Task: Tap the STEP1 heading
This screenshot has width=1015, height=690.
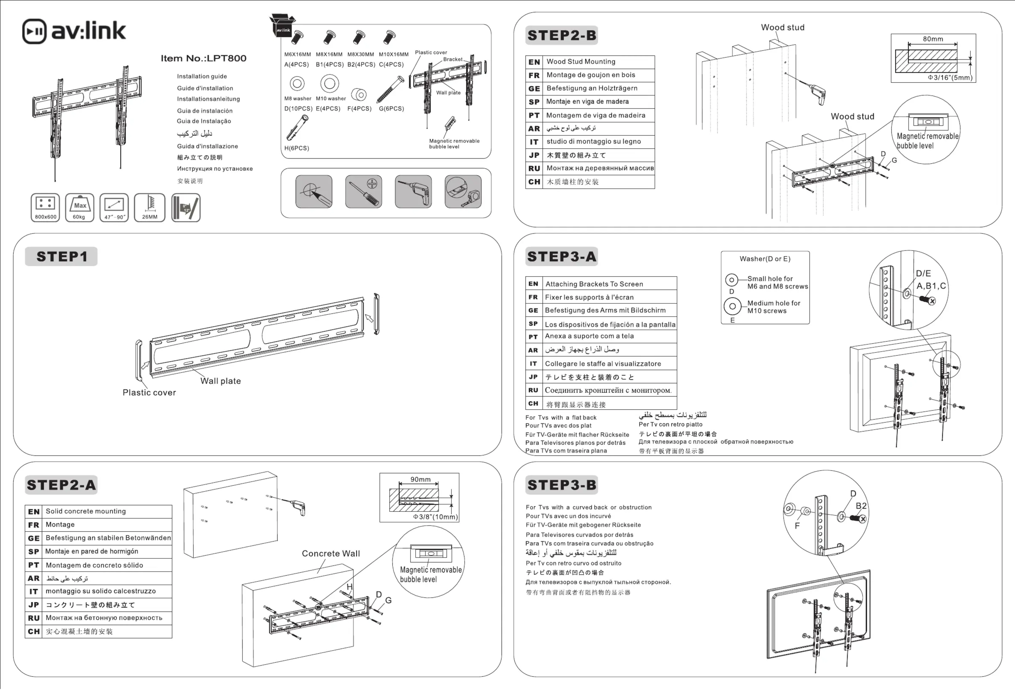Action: (62, 256)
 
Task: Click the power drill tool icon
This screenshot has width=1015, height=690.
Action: (413, 191)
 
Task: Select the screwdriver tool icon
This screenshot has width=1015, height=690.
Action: (363, 191)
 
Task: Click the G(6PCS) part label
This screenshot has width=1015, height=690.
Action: (391, 108)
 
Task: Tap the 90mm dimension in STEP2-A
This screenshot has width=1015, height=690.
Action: (420, 479)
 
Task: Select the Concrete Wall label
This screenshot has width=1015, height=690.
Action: (331, 553)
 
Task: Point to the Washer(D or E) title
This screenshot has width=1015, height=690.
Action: (765, 259)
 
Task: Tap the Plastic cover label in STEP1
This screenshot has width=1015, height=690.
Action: (149, 392)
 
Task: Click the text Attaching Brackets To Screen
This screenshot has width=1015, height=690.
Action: (594, 284)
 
